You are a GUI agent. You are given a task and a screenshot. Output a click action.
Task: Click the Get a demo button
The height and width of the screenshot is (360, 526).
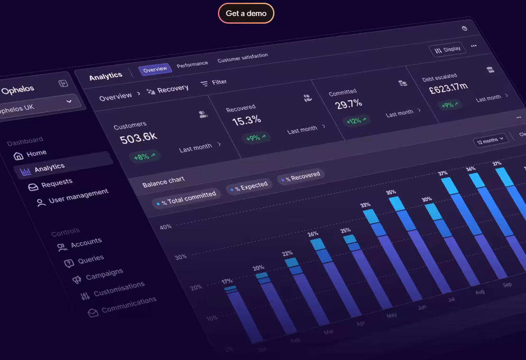pyautogui.click(x=246, y=13)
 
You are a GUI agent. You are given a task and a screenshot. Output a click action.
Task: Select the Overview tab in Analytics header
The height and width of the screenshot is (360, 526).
pyautogui.click(x=155, y=69)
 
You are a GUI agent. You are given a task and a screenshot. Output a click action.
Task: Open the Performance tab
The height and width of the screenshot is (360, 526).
pyautogui.click(x=192, y=64)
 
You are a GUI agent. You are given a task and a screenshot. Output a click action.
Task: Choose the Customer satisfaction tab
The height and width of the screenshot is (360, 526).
pyautogui.click(x=243, y=58)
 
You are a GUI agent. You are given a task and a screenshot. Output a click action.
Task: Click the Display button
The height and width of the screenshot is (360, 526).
pyautogui.click(x=447, y=50)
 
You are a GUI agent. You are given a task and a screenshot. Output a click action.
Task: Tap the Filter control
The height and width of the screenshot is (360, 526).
pyautogui.click(x=214, y=83)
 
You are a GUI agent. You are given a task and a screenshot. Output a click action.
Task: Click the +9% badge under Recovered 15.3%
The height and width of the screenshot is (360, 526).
pyautogui.click(x=256, y=138)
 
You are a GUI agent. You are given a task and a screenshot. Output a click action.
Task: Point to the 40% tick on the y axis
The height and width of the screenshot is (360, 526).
pyautogui.click(x=165, y=227)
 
